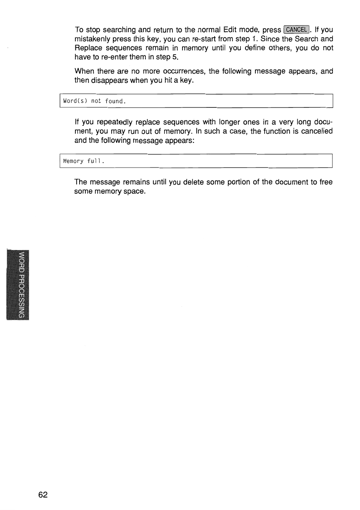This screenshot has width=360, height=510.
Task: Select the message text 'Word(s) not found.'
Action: [x=94, y=101]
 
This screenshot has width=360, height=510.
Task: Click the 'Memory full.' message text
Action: [x=83, y=161]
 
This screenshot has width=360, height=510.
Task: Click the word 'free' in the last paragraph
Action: [x=326, y=182]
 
